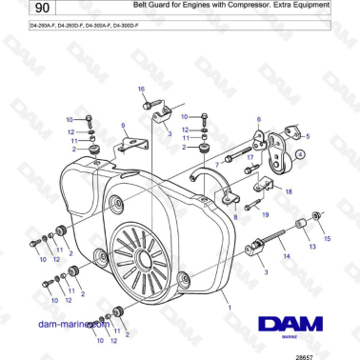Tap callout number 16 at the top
click(x=142, y=89)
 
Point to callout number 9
click(x=122, y=125)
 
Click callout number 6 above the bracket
click(x=257, y=120)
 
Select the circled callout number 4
click(x=299, y=152)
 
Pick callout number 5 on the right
click(x=308, y=136)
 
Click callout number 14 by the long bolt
click(x=284, y=256)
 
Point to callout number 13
click(x=313, y=246)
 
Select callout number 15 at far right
click(x=329, y=238)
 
